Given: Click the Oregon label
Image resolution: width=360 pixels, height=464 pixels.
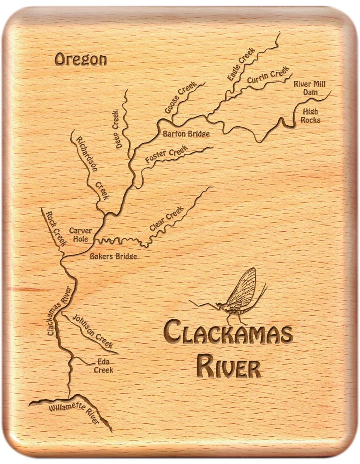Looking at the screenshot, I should (x=80, y=59).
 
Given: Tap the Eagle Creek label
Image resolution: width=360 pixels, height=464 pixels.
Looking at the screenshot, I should (x=241, y=64).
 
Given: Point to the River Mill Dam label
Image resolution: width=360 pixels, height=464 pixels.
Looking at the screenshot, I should (x=309, y=88).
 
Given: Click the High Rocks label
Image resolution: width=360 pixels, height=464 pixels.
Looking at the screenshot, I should (x=311, y=116).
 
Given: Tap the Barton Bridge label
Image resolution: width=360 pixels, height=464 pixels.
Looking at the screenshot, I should (x=186, y=134).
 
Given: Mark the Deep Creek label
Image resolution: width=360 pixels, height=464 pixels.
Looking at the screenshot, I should (x=116, y=129).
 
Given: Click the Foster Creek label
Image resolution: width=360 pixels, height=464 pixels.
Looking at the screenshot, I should (x=166, y=155).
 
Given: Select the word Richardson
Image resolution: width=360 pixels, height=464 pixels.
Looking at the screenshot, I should (x=87, y=154).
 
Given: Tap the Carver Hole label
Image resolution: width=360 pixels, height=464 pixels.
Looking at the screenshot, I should (x=80, y=234).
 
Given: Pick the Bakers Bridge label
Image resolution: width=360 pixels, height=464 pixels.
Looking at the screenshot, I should (x=113, y=256).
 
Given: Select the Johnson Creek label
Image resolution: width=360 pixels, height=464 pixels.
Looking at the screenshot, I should (x=92, y=332).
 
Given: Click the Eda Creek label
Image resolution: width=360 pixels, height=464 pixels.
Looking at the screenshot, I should (x=103, y=366).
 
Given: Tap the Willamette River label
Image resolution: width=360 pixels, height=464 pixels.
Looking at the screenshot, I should (x=74, y=413).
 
